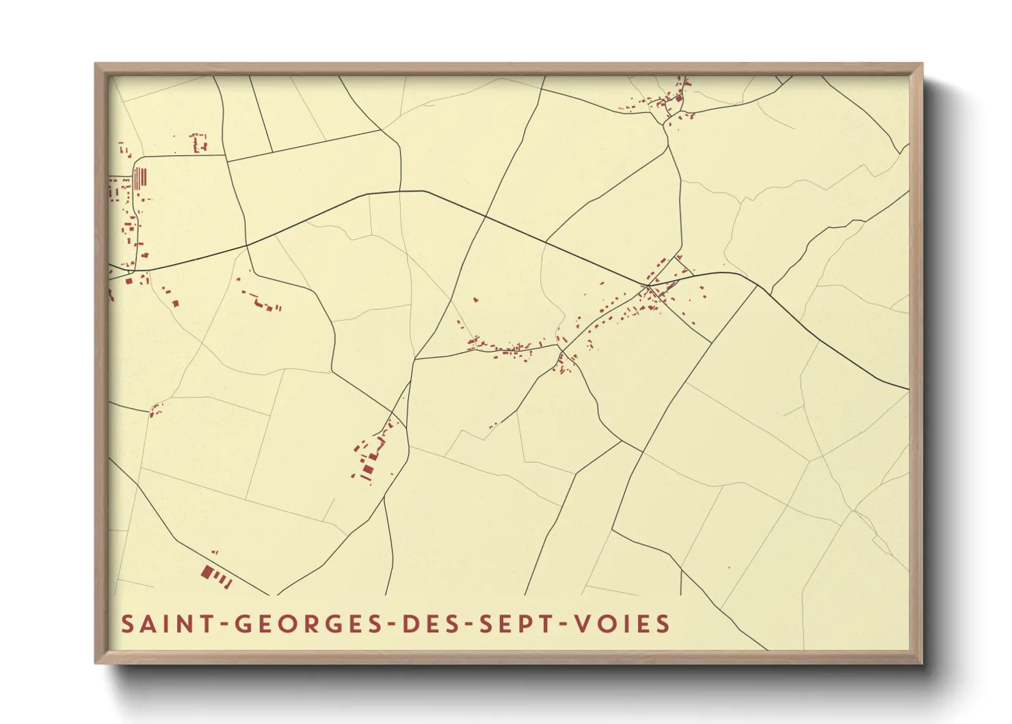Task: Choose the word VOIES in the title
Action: pyautogui.click(x=622, y=624)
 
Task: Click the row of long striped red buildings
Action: pyautogui.click(x=140, y=178)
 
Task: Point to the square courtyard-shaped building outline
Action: pyautogui.click(x=198, y=142)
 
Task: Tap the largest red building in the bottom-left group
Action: pyautogui.click(x=208, y=571)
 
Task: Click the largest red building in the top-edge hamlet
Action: pyautogui.click(x=679, y=99)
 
